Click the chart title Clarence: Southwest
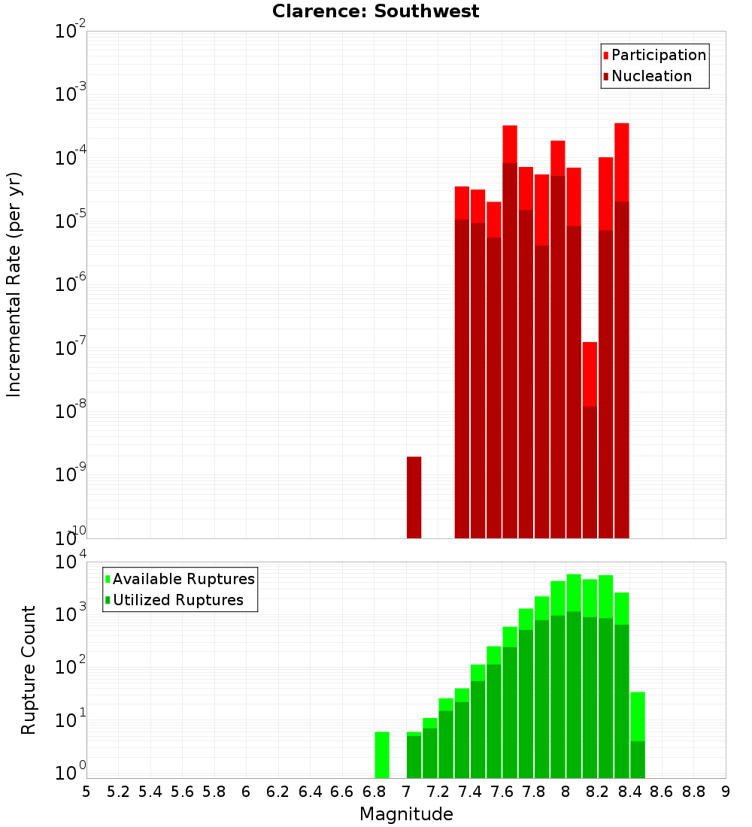(x=375, y=11)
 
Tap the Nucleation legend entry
(x=650, y=76)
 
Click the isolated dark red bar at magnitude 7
(x=414, y=497)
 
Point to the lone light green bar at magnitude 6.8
(x=382, y=755)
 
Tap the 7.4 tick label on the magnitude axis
(x=470, y=792)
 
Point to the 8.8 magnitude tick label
(x=693, y=792)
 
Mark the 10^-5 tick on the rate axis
(x=71, y=221)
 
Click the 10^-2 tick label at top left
(x=71, y=32)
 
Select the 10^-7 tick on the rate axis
(x=71, y=348)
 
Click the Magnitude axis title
(x=406, y=814)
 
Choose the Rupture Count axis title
(x=29, y=669)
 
